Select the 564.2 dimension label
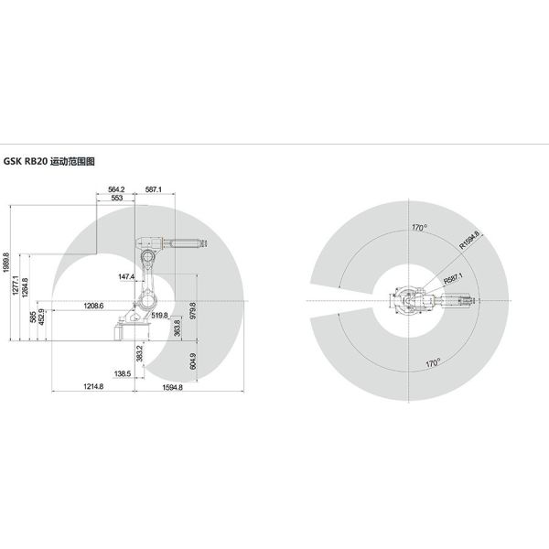coord(116,189)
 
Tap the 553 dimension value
coord(116,198)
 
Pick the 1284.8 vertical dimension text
coord(25,288)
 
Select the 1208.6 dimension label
coord(93,306)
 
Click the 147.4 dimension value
coord(126,276)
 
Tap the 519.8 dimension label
coord(159,316)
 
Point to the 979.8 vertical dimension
coord(193,310)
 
